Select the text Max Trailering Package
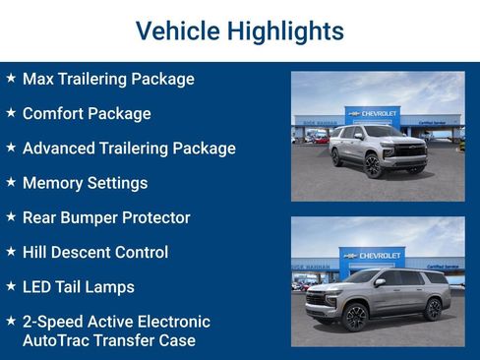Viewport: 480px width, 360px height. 108,79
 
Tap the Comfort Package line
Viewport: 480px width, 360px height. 87,113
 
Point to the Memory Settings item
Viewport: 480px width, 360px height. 85,183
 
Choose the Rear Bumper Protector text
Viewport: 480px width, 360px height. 106,217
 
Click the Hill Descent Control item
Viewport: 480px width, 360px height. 95,253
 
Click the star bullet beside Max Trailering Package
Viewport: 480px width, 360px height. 11,78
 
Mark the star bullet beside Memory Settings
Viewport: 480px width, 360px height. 11,182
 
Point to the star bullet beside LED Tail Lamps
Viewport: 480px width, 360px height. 11,286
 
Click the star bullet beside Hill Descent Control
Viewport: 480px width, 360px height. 11,252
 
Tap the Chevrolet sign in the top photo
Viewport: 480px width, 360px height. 373,114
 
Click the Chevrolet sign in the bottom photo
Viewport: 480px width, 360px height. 372,256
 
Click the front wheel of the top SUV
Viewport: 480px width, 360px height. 373,164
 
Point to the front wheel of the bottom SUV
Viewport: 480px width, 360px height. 353,317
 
